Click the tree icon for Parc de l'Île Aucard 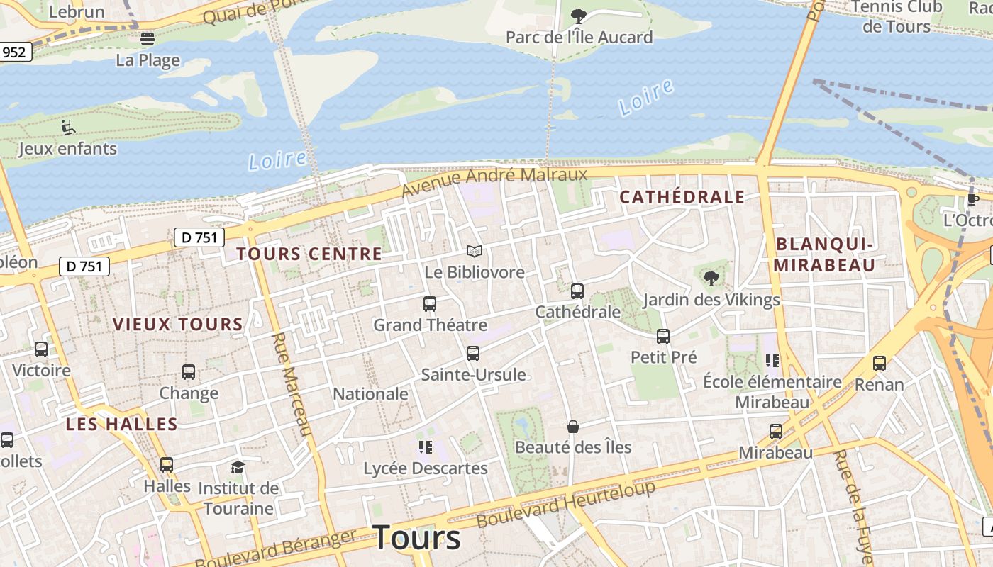pos(579,16)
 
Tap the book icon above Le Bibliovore pos(475,251)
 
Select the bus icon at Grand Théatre pos(430,304)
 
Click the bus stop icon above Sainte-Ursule pos(473,354)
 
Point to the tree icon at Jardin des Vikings pos(711,279)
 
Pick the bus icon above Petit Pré pos(663,337)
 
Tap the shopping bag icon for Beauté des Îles pos(573,427)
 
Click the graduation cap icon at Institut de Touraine pos(238,467)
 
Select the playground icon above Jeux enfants pos(68,128)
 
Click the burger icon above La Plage pos(148,39)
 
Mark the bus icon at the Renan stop pos(880,364)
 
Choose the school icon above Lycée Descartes pos(426,447)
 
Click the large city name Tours pos(416,537)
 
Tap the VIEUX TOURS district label pos(178,325)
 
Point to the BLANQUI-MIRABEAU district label pos(825,254)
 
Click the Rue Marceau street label pos(292,383)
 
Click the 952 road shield pos(14,52)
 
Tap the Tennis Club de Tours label pos(897,17)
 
